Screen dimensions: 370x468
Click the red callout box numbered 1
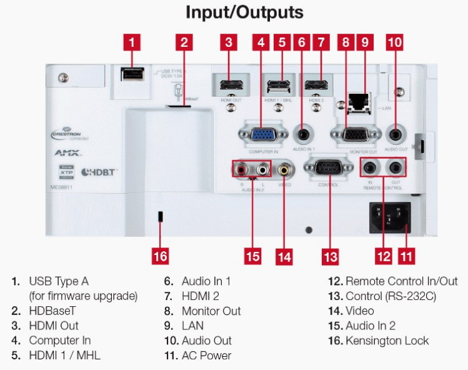(131, 42)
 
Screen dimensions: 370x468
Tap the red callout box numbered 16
(160, 256)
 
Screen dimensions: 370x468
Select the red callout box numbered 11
(407, 256)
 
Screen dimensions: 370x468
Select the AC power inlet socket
(391, 217)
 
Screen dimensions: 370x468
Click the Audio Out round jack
(396, 133)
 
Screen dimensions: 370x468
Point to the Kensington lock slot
(160, 217)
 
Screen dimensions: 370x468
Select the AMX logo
(67, 152)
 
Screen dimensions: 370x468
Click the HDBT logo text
(99, 171)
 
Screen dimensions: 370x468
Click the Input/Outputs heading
(244, 12)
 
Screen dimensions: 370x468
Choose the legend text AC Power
(206, 356)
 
